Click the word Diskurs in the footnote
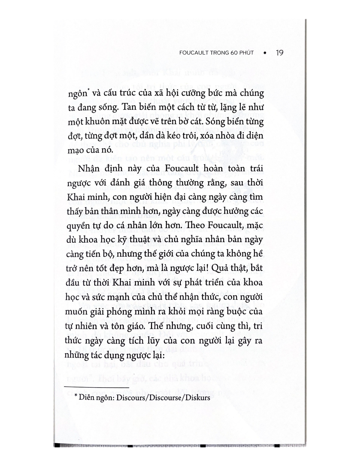(200, 397)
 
